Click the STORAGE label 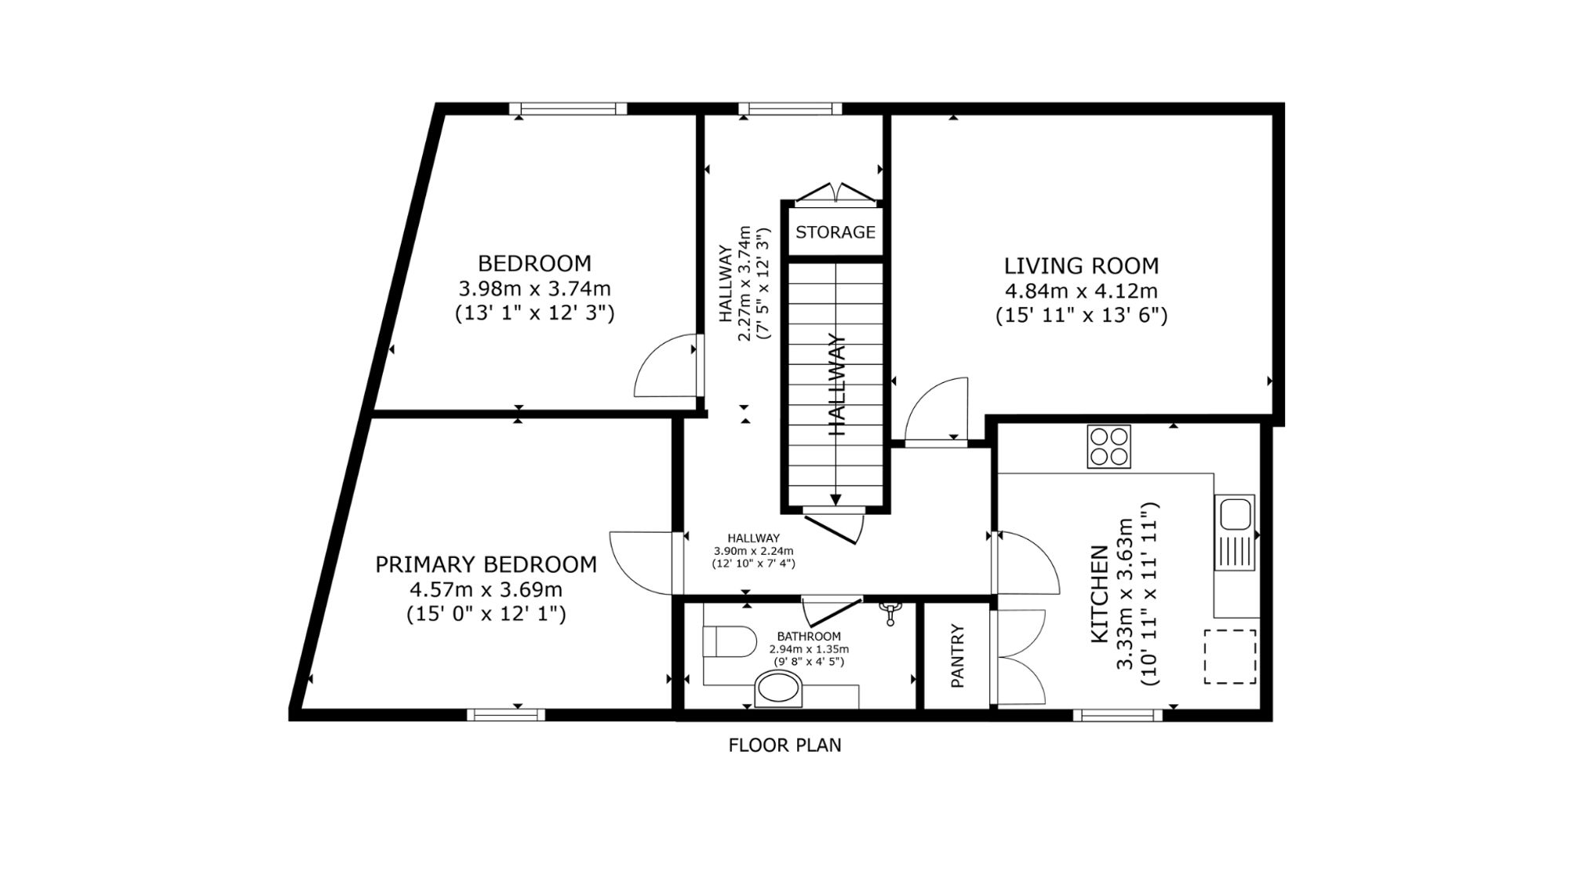pyautogui.click(x=835, y=232)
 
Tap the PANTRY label pyautogui.click(x=957, y=656)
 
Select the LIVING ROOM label pyautogui.click(x=1081, y=266)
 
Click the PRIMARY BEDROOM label pyautogui.click(x=486, y=564)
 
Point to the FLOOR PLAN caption pyautogui.click(x=784, y=745)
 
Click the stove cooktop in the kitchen pyautogui.click(x=1108, y=447)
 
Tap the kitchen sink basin pyautogui.click(x=1234, y=513)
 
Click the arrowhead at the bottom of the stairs pyautogui.click(x=835, y=499)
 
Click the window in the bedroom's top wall pyautogui.click(x=568, y=109)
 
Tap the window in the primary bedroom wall pyautogui.click(x=506, y=714)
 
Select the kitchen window pyautogui.click(x=1118, y=714)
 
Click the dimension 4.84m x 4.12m pyautogui.click(x=1081, y=291)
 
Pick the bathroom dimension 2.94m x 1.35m pyautogui.click(x=809, y=649)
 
